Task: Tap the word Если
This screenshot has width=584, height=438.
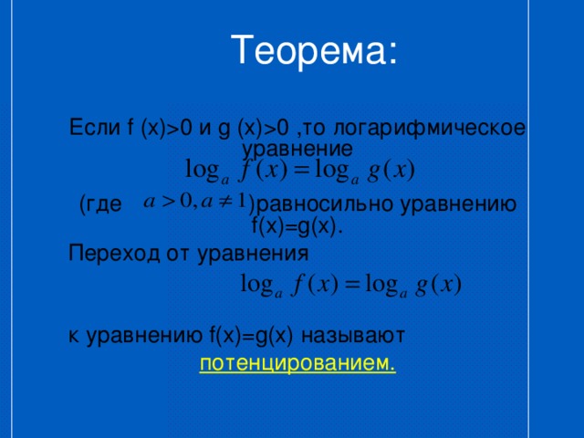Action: (x=95, y=128)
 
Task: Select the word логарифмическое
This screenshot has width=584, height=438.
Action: (x=430, y=129)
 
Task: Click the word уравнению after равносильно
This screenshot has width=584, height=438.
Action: (x=458, y=205)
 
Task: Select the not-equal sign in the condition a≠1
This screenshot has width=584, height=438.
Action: (x=225, y=202)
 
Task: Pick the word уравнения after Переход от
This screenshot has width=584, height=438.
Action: (x=253, y=255)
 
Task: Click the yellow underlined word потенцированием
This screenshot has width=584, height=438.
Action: (x=297, y=363)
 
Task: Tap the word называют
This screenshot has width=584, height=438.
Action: (x=353, y=336)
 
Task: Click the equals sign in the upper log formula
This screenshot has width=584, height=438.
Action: (x=302, y=171)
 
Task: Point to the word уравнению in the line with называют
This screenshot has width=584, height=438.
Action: (x=145, y=337)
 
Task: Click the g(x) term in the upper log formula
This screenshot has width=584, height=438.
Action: (x=391, y=172)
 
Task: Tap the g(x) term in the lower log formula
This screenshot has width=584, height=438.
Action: (x=439, y=286)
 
